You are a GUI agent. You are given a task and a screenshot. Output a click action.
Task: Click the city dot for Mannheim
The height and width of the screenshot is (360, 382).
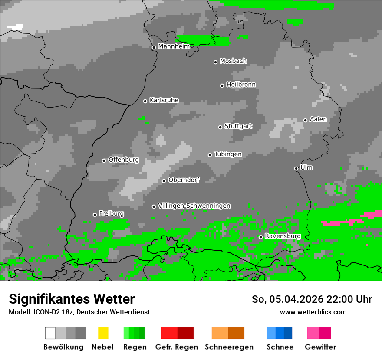[x=154, y=48]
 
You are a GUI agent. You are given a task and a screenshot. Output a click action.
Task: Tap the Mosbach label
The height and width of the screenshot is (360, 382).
[x=233, y=61]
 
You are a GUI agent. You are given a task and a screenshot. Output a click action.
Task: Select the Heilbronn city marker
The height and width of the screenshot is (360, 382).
[x=222, y=85]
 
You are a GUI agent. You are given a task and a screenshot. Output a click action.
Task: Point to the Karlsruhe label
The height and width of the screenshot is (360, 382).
[x=164, y=100]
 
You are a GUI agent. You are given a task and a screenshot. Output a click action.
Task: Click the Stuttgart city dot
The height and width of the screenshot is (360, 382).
[x=220, y=127]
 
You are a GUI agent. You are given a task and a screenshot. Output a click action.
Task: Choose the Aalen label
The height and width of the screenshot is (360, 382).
[x=318, y=119]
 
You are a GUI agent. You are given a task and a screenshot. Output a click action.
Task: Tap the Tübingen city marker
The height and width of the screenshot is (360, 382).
[x=210, y=155]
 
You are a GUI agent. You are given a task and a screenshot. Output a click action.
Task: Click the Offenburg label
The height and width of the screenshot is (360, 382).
[x=124, y=160]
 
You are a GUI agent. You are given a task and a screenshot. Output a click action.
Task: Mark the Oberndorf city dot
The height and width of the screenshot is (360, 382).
[x=164, y=181]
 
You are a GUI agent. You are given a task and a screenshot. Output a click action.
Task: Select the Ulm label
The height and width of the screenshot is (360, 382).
[x=306, y=167]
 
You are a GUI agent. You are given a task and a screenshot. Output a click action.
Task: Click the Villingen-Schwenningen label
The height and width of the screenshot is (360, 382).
[x=194, y=206]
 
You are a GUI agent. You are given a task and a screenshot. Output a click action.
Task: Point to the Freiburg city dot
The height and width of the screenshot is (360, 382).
[x=95, y=215]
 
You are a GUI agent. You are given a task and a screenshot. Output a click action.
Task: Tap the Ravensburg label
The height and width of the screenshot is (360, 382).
[x=283, y=236]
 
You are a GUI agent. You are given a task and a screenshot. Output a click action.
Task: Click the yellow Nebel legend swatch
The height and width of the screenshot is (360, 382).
[x=103, y=333]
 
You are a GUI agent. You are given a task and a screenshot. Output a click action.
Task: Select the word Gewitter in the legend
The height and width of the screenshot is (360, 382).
[x=320, y=347]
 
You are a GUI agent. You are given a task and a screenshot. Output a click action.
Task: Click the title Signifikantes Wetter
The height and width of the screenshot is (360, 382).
[x=72, y=299]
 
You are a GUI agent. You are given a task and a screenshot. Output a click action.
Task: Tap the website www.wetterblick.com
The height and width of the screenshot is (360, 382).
[x=313, y=312]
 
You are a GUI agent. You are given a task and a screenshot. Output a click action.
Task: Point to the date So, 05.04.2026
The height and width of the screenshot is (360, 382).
[x=288, y=299]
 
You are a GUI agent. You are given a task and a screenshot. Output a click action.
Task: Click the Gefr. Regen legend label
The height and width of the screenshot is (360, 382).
[x=177, y=347]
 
